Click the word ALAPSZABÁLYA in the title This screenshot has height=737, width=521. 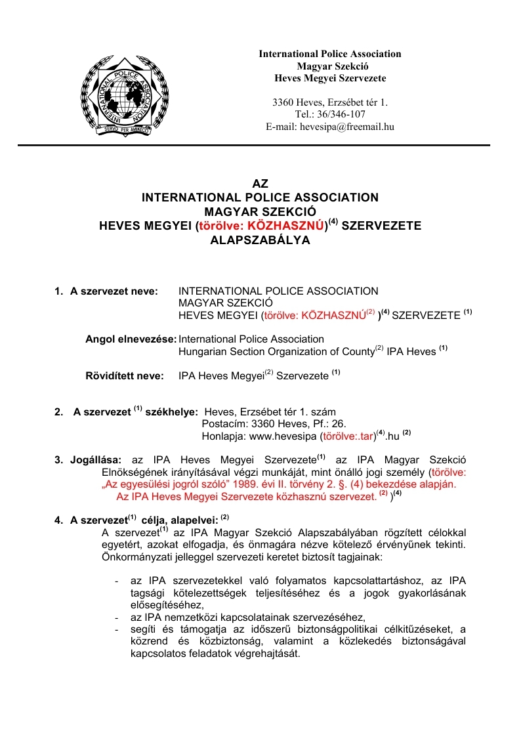coord(260,240)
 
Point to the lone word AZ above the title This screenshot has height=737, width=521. coord(260,184)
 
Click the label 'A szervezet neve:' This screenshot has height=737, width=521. coord(114,291)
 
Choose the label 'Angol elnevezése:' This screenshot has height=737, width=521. coord(131,339)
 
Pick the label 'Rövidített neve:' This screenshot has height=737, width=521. coord(124,376)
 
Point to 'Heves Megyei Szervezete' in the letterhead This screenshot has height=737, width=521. coord(329,79)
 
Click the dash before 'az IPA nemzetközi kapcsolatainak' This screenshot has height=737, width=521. coord(116,617)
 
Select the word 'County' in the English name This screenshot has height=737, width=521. coord(358,352)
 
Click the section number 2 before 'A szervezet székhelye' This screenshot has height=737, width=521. coord(58,412)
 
